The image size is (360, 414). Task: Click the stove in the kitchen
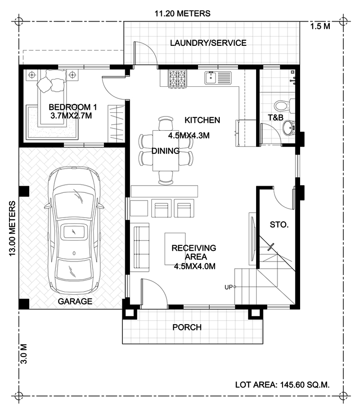177,78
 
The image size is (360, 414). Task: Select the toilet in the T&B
284,106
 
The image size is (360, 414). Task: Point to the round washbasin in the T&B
289,128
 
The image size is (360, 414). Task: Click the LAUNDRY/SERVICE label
208,43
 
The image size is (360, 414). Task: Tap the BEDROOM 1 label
73,107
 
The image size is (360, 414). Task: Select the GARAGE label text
75,301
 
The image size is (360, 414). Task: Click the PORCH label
187,327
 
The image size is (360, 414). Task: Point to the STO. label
279,225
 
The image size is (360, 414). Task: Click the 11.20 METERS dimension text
182,13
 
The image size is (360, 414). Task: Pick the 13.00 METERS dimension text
13,228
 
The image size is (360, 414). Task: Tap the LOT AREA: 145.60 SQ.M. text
282,385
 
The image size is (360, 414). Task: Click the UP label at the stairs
228,287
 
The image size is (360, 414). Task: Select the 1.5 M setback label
320,26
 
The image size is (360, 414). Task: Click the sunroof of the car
74,232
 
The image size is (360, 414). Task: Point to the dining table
166,151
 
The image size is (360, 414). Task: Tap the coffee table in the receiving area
175,249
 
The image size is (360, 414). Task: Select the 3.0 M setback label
23,354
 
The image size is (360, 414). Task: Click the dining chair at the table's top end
166,123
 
